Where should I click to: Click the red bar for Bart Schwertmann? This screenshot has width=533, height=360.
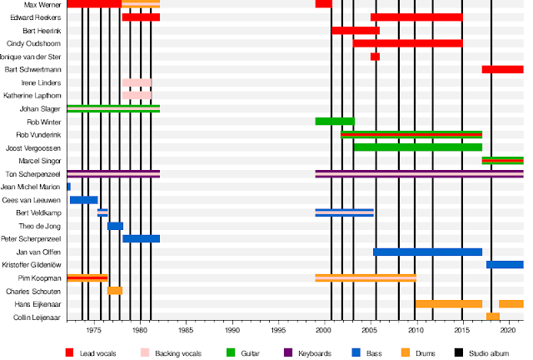[x=502, y=69]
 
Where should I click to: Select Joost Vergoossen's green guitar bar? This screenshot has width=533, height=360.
[x=417, y=147]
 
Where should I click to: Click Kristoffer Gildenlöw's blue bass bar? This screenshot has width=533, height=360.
[x=505, y=265]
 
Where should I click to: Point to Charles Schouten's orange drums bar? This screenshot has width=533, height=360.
[x=115, y=291]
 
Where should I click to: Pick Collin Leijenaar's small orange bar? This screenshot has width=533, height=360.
[x=493, y=317]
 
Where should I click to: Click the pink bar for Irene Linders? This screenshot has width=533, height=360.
[x=137, y=82]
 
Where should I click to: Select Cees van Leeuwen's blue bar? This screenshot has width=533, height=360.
[x=83, y=200]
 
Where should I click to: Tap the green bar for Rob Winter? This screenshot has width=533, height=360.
[x=335, y=122]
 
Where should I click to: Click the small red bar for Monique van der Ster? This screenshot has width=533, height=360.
[x=375, y=57]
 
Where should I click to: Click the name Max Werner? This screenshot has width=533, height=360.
[x=47, y=4]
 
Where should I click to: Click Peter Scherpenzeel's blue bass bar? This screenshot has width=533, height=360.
[x=141, y=239]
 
